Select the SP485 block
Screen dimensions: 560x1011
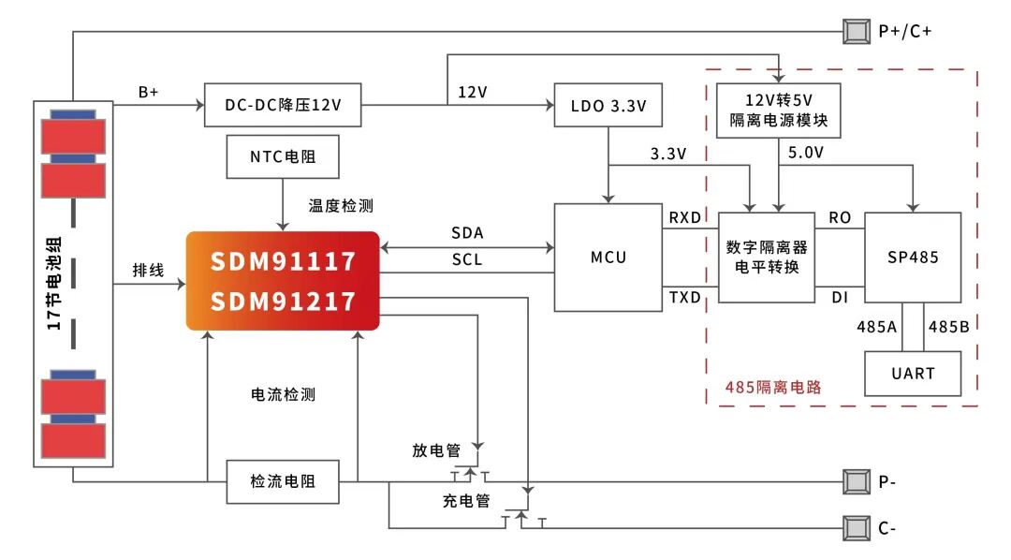(x=913, y=257)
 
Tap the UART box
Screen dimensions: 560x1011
(x=913, y=373)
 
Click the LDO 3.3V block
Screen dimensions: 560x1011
(x=608, y=106)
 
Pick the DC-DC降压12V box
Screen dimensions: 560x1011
(x=282, y=106)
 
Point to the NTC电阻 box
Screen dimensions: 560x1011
(x=283, y=156)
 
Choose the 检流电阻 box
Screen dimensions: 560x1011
(x=282, y=481)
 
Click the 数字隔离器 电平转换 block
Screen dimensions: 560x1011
(x=767, y=257)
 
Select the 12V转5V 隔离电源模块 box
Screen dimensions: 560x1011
(x=778, y=111)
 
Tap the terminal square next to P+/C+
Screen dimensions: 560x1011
(x=856, y=31)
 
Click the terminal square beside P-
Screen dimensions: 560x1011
(x=856, y=482)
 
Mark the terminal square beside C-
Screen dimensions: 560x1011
(x=856, y=528)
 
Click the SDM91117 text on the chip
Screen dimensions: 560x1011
(x=283, y=260)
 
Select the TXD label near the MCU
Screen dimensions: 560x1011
(x=684, y=297)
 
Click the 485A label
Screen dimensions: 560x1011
(x=876, y=327)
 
